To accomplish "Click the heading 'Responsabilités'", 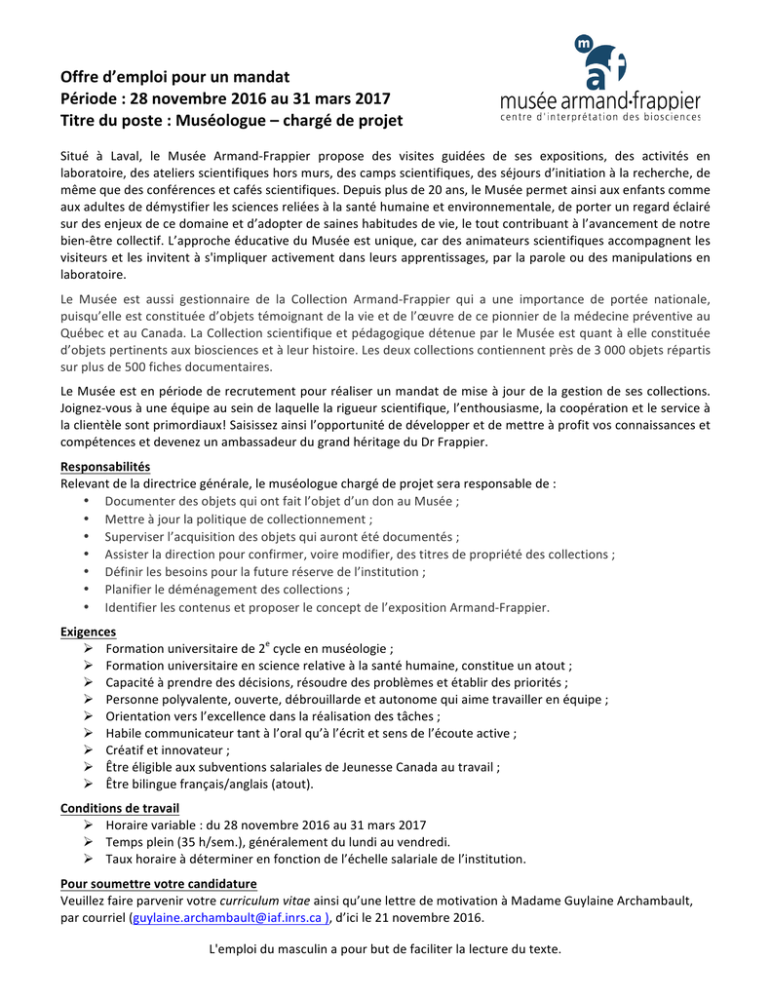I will (x=105, y=467).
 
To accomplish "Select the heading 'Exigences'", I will (x=88, y=632).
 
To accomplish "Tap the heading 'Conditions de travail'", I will (x=120, y=808).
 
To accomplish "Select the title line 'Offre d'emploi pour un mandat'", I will (x=175, y=76).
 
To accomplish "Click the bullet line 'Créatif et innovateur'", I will (x=168, y=749).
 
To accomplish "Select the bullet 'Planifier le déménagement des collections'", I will (x=227, y=590).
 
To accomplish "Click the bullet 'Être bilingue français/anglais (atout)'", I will (x=210, y=784).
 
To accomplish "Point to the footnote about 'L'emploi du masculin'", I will (x=385, y=950).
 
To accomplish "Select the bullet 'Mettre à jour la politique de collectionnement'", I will (x=238, y=519).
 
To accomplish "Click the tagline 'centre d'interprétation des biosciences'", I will (x=600, y=117).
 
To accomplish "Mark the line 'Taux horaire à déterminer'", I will (x=316, y=859).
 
